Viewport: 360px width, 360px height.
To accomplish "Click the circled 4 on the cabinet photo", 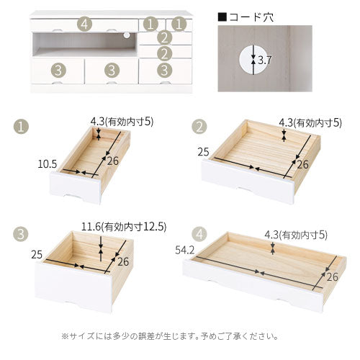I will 85,24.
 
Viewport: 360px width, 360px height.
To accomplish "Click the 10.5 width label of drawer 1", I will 47,163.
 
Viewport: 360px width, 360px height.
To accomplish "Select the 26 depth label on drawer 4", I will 332,276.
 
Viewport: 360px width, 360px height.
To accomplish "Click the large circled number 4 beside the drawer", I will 199,233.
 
